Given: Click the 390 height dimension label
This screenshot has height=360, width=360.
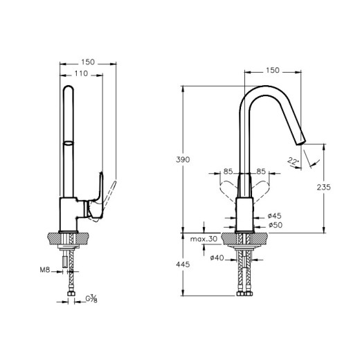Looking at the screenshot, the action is [183, 160].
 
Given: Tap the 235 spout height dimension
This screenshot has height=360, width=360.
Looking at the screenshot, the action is [323, 187].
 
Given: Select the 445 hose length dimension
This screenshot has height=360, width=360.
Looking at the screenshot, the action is [183, 264].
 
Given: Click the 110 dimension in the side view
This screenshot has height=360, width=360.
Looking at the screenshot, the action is [81, 73].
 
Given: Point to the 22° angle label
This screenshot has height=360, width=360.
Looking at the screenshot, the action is [293, 161].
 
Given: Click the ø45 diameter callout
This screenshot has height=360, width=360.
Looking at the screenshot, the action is [275, 216].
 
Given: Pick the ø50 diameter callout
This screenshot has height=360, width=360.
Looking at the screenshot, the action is [276, 225].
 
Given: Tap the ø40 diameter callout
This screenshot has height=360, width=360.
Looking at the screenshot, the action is [217, 258].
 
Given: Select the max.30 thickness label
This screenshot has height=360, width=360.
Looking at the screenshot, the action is [204, 239].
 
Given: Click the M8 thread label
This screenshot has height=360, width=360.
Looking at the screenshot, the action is [45, 269].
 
